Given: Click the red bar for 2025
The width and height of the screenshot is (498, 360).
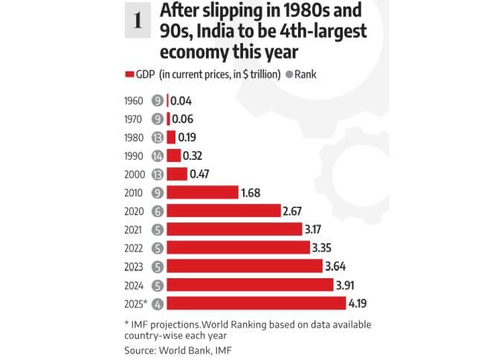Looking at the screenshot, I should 256,303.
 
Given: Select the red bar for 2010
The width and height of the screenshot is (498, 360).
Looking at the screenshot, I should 203,193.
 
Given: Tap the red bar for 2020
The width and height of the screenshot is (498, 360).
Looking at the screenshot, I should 224,210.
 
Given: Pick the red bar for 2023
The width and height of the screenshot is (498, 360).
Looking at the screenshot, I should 245,266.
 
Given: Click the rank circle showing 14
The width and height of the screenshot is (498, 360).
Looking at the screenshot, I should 157,155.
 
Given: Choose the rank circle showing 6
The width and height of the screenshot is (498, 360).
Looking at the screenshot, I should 157,210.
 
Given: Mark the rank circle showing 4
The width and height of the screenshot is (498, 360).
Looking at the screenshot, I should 157,303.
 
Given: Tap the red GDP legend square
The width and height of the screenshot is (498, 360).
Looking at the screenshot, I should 130,74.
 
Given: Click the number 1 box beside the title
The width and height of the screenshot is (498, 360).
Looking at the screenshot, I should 138,22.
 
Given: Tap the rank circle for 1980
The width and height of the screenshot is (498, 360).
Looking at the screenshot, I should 157,137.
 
